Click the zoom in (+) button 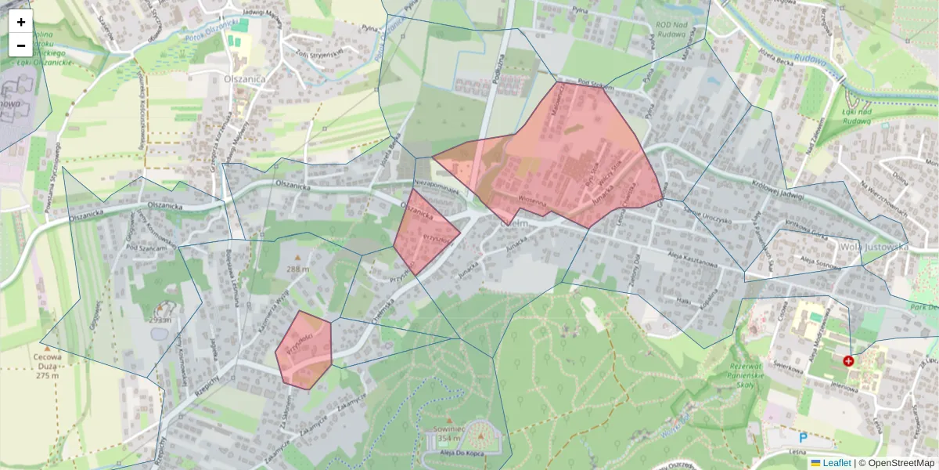pos(21,22)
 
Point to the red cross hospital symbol pos(848,360)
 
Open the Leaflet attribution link pos(836,463)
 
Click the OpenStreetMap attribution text pos(896,463)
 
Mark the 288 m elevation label pos(297,269)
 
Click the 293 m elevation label pos(162,320)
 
